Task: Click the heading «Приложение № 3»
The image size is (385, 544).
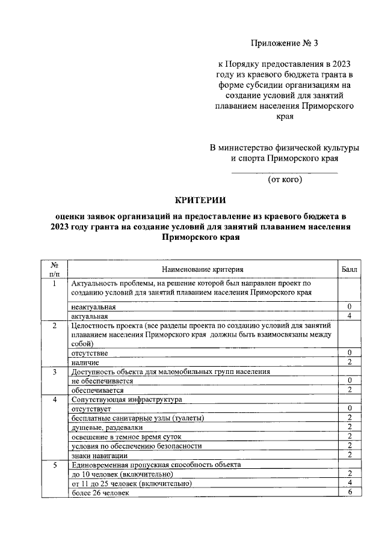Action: (283, 43)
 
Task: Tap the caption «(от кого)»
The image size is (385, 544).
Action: (285, 179)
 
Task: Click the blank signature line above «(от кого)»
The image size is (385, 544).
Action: (285, 173)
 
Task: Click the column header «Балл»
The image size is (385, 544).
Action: (349, 269)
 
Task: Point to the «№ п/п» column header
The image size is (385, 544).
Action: (54, 269)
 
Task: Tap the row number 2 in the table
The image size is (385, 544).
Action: (54, 325)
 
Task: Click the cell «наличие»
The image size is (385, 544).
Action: (85, 362)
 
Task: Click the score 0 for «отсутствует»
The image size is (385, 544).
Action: (349, 409)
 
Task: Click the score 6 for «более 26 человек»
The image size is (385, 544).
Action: (349, 492)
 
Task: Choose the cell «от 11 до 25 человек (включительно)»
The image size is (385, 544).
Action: (131, 483)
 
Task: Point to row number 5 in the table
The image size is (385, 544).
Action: (54, 465)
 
